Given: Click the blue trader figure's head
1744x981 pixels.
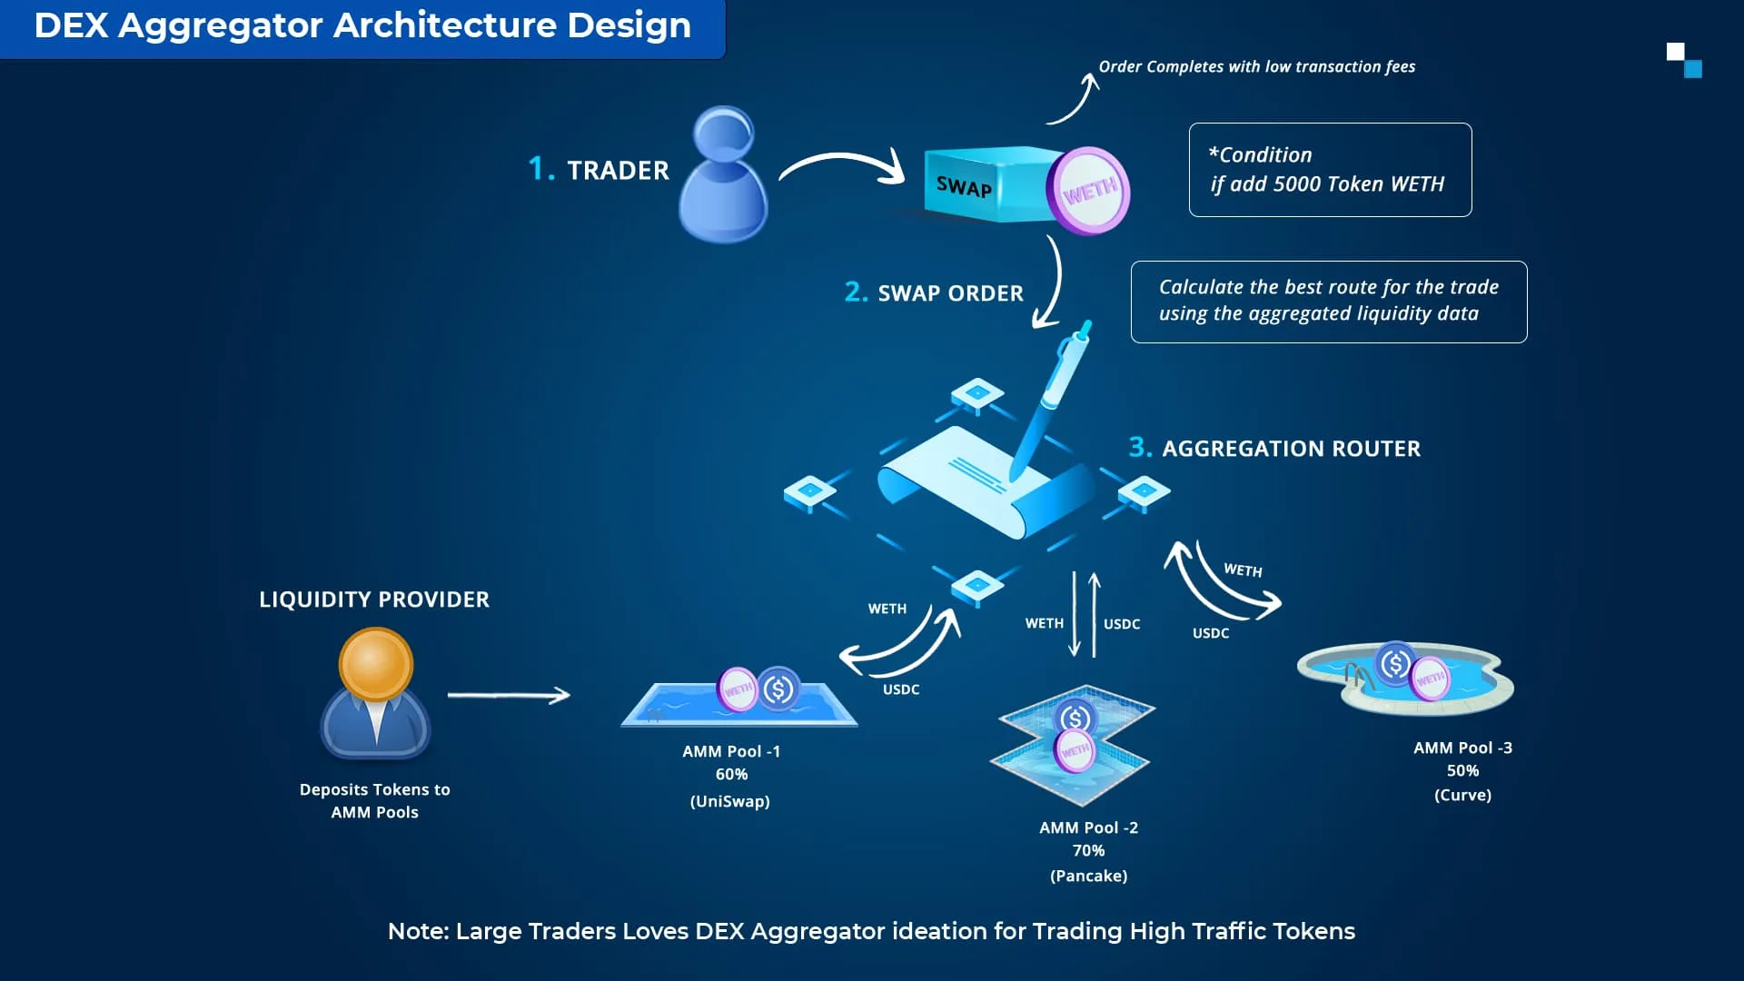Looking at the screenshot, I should tap(723, 134).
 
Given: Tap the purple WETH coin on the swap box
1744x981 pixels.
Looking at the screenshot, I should tap(1088, 191).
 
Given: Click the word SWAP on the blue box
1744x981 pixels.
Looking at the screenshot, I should tap(964, 187).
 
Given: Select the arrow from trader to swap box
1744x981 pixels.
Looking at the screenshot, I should tap(842, 165).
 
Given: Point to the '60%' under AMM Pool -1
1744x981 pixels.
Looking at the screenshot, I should tap(731, 774).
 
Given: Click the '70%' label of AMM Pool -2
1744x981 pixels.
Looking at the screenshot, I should tap(1088, 850).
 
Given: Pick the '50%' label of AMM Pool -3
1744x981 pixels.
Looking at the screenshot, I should tap(1462, 770).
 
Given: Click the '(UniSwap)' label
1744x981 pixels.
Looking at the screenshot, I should tap(729, 801).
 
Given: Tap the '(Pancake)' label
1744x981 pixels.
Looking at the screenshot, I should tap(1088, 876).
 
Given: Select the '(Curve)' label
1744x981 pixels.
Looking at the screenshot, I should tap(1462, 795).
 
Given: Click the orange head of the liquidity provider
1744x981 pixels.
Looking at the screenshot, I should tap(375, 664).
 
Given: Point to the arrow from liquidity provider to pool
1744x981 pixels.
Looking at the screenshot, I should tap(509, 696).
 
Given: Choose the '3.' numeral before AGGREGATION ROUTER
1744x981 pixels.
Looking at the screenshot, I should tap(1140, 447).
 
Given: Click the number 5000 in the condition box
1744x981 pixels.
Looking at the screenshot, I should tap(1300, 183).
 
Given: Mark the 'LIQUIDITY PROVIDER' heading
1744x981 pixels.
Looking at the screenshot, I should tap(374, 599).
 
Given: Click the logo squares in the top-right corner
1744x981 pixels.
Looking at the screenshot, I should tap(1684, 60).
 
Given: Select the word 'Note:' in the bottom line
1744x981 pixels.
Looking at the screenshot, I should tap(418, 931).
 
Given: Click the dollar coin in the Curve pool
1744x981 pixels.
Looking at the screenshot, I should tap(1395, 664).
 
